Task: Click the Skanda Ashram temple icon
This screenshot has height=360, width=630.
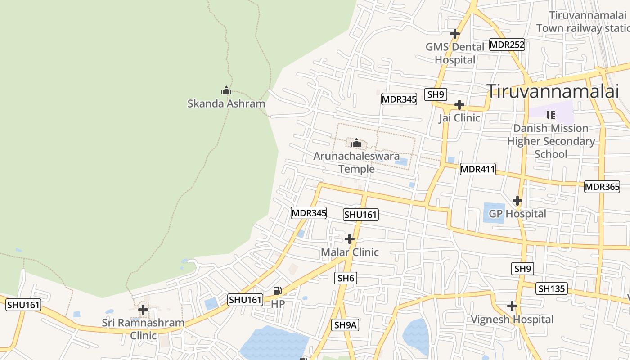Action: (x=226, y=90)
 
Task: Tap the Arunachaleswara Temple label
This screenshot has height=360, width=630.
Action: (x=356, y=162)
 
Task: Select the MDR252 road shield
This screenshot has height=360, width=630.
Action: (x=507, y=45)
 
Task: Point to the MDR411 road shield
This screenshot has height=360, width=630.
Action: (x=477, y=170)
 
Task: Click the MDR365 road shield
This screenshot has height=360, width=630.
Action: (x=602, y=187)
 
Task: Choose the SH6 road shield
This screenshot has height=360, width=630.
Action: (x=346, y=278)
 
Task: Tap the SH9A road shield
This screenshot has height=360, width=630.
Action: (x=346, y=325)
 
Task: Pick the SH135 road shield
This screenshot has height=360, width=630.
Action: (x=552, y=288)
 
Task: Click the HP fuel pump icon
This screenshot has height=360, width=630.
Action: (x=278, y=291)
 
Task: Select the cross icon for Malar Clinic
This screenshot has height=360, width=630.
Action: (x=349, y=239)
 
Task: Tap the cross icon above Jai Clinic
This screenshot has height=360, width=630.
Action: (x=459, y=105)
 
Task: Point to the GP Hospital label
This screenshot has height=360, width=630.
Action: (x=517, y=214)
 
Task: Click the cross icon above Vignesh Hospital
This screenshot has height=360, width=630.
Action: (x=512, y=306)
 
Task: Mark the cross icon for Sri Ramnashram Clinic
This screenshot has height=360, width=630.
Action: (x=143, y=310)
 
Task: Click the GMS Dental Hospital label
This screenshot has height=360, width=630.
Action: (x=455, y=53)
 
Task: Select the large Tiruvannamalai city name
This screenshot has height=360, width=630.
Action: (x=553, y=91)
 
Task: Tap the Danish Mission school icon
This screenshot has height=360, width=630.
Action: (x=550, y=115)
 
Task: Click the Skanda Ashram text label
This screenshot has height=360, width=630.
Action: (x=226, y=104)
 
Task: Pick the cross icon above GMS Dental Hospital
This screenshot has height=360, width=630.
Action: (x=455, y=33)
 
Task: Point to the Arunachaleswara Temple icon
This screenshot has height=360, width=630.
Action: (x=356, y=143)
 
